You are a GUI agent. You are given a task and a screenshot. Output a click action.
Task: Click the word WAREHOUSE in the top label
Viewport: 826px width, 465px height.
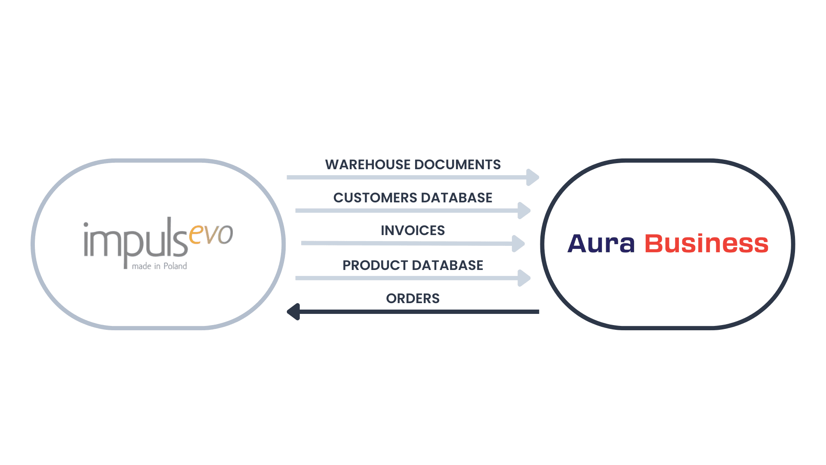(368, 164)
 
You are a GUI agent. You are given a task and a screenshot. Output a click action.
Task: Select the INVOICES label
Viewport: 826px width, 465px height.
(413, 230)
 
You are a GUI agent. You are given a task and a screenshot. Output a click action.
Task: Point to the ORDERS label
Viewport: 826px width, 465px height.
(413, 298)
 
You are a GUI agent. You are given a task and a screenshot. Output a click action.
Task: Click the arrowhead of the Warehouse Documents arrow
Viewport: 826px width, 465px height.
(533, 177)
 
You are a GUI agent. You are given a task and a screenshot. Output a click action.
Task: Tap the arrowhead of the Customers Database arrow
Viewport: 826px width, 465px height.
(524, 211)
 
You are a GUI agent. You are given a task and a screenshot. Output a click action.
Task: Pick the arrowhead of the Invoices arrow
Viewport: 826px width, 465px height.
(518, 243)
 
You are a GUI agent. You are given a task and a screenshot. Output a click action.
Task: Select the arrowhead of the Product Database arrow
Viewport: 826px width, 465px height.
(524, 278)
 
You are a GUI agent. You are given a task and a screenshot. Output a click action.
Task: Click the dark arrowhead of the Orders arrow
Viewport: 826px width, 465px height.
(294, 311)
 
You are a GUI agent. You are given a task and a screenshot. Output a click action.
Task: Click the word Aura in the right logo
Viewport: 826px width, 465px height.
(601, 244)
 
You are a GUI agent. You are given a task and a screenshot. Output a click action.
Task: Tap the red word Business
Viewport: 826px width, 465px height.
(706, 244)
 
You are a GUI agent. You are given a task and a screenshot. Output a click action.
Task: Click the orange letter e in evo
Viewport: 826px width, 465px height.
(196, 235)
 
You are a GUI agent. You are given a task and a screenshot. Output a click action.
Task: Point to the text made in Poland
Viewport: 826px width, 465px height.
(159, 266)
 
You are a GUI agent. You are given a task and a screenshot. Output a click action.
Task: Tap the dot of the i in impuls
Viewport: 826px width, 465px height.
(86, 225)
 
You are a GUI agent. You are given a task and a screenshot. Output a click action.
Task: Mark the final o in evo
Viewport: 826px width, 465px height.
(225, 235)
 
